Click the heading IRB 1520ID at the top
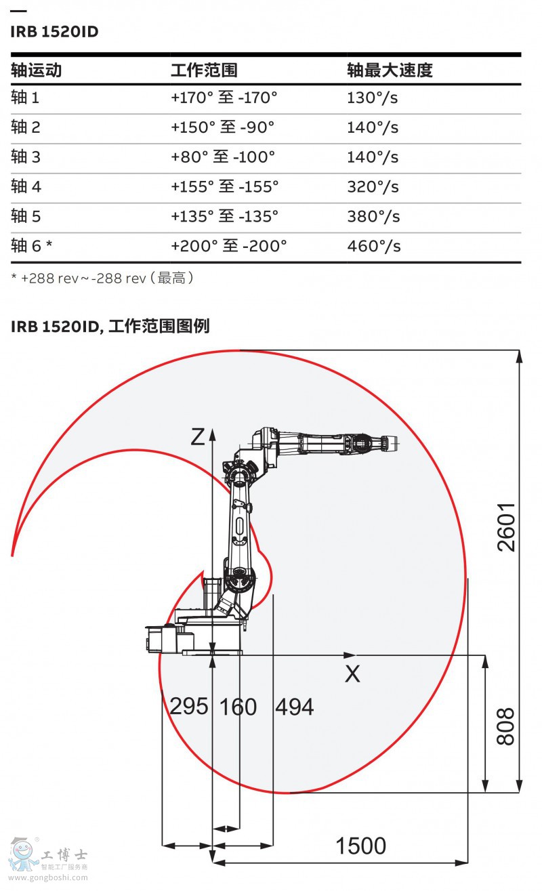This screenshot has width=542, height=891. click(54, 32)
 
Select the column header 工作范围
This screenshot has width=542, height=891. click(205, 70)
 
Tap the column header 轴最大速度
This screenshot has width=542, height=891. click(390, 70)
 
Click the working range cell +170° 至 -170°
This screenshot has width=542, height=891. click(224, 98)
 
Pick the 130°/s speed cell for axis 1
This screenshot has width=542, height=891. click(372, 98)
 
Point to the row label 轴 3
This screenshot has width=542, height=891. click(26, 157)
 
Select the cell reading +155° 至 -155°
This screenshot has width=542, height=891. click(225, 186)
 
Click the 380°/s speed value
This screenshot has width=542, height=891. click(373, 216)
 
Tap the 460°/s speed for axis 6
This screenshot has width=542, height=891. click(374, 246)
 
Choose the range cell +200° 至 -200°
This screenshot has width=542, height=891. click(228, 246)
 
